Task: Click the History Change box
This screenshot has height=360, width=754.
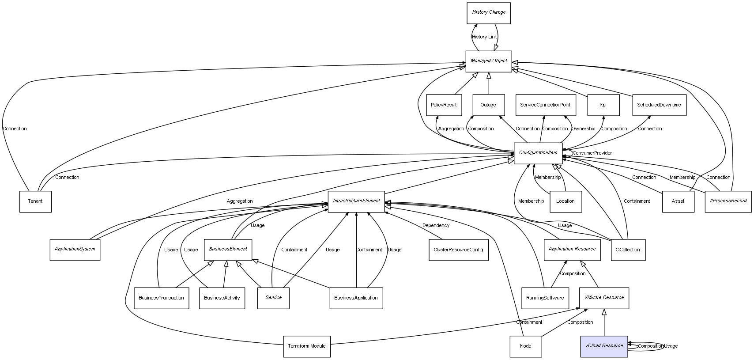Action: coord(489,13)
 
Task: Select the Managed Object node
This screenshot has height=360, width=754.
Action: coord(489,61)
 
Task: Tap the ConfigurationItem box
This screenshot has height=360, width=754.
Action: coord(538,153)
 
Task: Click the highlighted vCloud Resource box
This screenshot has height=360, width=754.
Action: coord(604,346)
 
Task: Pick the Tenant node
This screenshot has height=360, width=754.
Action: coord(35,201)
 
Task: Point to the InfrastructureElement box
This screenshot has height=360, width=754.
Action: coord(356,201)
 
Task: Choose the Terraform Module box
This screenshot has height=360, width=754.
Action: coord(306,346)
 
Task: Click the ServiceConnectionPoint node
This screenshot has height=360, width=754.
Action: coord(545,105)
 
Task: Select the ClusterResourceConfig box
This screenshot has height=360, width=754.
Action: coord(458,250)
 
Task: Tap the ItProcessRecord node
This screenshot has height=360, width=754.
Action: coord(728,201)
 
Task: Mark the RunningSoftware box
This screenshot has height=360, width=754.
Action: coord(545,298)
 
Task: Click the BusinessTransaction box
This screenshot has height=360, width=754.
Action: coord(161,298)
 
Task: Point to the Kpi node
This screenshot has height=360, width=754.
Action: coord(603,105)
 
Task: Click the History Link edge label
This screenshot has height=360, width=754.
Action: coord(484,37)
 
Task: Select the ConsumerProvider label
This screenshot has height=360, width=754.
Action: coord(592,153)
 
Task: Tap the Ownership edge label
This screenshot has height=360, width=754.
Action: coord(583,129)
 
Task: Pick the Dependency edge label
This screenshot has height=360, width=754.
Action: coord(436,226)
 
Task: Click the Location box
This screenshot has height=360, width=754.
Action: coord(565,201)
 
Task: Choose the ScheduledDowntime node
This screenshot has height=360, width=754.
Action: coord(659,105)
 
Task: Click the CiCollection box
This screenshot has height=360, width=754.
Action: coord(628,250)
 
